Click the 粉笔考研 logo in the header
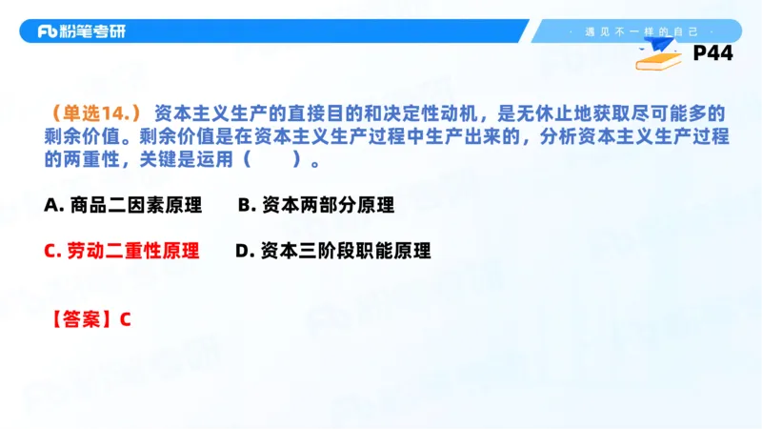(81, 31)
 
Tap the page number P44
(712, 54)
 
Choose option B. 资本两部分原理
(315, 205)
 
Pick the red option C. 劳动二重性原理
(122, 251)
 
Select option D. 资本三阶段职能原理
(332, 251)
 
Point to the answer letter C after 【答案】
(125, 318)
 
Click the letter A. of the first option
(53, 205)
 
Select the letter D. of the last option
(243, 251)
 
